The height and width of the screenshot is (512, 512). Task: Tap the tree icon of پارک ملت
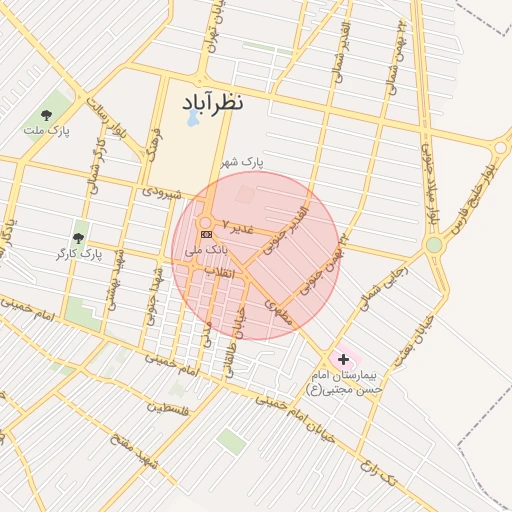click(47, 114)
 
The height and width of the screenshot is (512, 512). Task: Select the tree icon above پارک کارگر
click(79, 238)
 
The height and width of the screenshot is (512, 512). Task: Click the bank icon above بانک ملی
click(207, 234)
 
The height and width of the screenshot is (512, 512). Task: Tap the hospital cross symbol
click(344, 358)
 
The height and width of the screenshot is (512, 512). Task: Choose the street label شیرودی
click(160, 189)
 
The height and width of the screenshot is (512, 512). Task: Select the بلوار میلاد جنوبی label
click(430, 185)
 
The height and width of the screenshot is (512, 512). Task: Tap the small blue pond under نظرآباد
click(192, 119)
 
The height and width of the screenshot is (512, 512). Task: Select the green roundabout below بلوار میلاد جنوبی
click(434, 245)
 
